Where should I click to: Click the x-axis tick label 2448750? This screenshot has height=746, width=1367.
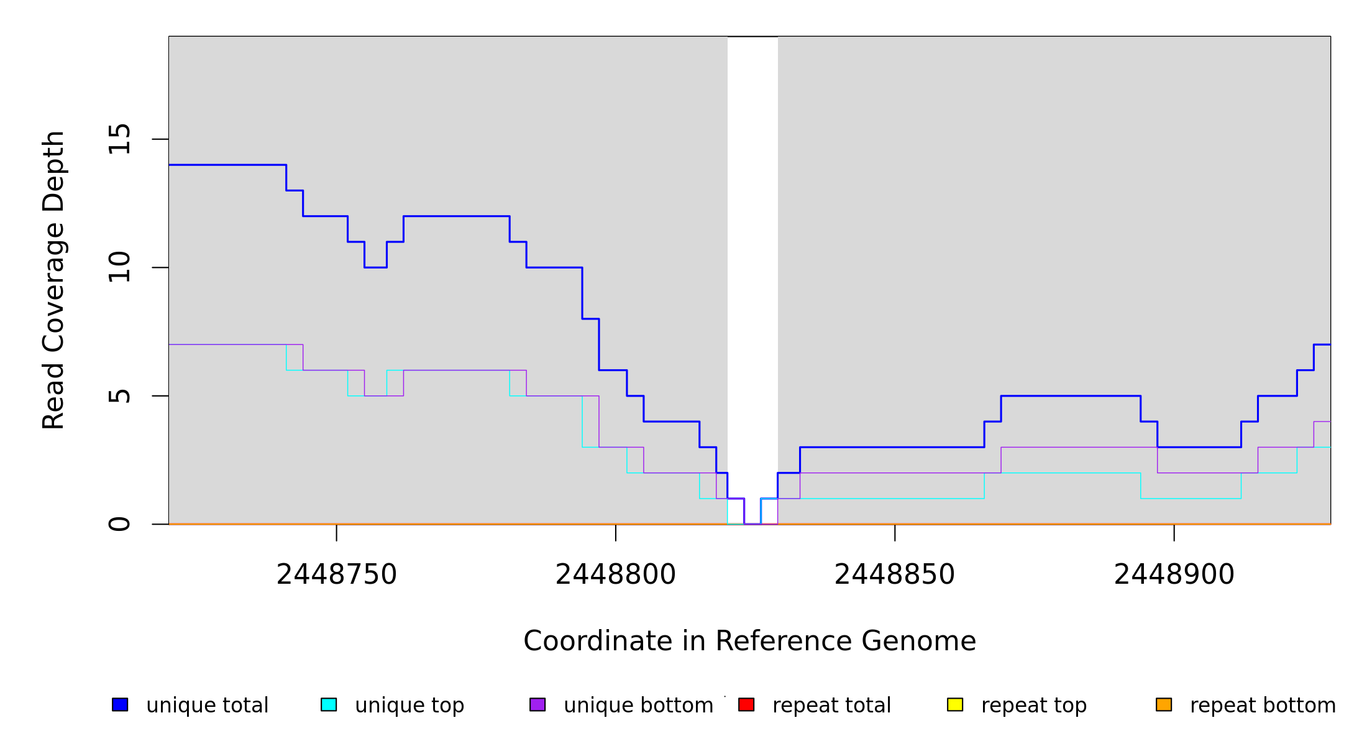[x=336, y=575]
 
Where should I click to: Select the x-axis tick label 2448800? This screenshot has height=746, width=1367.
[x=615, y=575]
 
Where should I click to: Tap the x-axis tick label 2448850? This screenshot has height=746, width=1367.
[x=894, y=575]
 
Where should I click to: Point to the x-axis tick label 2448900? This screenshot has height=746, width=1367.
[x=1174, y=575]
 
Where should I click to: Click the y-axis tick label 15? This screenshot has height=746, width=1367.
[x=119, y=139]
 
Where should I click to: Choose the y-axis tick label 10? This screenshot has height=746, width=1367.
[x=119, y=268]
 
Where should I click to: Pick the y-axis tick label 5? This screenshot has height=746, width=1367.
[x=119, y=396]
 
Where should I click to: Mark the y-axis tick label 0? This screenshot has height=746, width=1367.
[x=119, y=524]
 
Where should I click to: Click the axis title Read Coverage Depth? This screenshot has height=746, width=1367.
[x=53, y=280]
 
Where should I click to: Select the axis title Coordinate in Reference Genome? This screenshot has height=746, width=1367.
[x=749, y=642]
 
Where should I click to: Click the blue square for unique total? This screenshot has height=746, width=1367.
[x=120, y=704]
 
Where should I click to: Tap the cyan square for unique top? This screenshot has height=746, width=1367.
[x=329, y=704]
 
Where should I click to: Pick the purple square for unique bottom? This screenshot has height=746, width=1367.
[x=537, y=704]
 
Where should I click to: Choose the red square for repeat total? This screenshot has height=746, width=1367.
[x=746, y=704]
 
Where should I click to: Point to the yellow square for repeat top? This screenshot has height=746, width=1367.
[x=955, y=704]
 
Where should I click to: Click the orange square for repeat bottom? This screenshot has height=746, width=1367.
[x=1164, y=704]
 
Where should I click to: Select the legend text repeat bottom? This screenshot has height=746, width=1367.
[x=1263, y=706]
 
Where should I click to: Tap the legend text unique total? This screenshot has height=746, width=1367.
[x=208, y=706]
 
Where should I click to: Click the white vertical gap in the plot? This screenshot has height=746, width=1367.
[x=752, y=249]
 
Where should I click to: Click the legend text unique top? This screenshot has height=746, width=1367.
[x=409, y=706]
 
